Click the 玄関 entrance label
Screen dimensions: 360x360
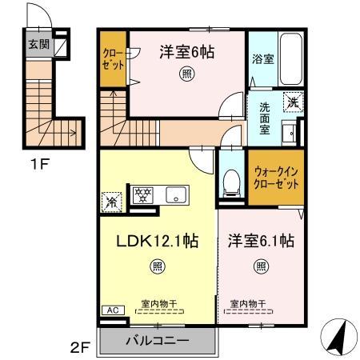coord(38,44)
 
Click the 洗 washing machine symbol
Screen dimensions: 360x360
coord(293,102)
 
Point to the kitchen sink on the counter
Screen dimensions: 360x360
coord(174,194)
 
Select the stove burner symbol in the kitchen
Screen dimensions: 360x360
coord(143,194)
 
